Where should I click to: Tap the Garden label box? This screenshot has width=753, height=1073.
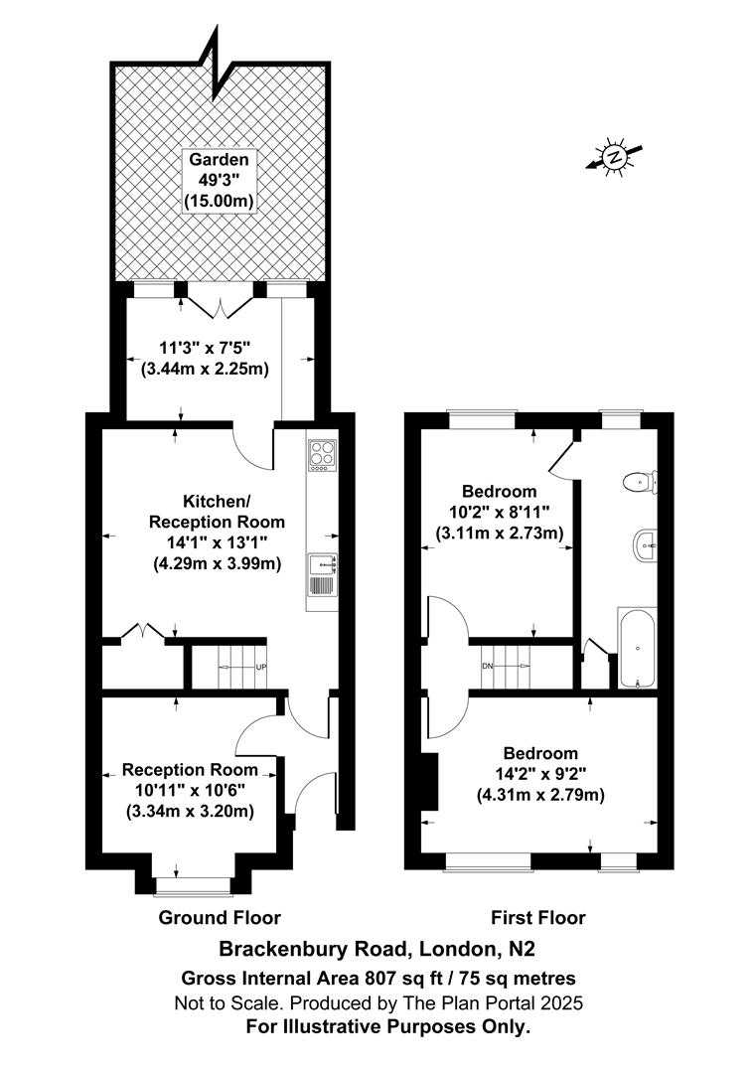coord(220,180)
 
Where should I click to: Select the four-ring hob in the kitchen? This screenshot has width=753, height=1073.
coord(322,454)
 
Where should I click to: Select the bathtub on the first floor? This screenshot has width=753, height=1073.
coord(637,648)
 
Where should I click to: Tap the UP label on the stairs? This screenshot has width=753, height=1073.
coord(261,667)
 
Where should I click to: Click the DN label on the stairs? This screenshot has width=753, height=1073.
coord(487,667)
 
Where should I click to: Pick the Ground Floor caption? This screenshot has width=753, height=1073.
coord(220,917)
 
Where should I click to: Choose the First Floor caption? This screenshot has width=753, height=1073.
coord(538,917)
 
